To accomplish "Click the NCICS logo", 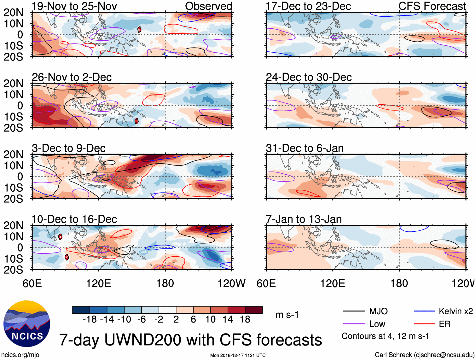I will (27, 323).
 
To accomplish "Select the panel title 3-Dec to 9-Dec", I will (69, 148).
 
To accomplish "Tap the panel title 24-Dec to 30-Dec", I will (309, 77).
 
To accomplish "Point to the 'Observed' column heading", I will (208, 6).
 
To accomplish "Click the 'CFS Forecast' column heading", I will (432, 6).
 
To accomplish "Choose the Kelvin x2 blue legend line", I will (424, 311).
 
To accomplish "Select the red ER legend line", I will (424, 324).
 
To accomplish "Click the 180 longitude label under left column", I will (165, 283).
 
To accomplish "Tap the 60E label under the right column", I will (266, 283).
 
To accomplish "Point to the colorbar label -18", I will (90, 320).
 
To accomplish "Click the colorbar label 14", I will (228, 320).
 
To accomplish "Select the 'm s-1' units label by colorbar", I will (287, 315).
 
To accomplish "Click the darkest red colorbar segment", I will (254, 310).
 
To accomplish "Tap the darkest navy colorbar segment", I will (81, 310).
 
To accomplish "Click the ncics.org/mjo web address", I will (20, 355).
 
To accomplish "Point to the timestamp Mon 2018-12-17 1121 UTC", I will (238, 355).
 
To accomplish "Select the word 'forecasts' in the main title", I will (289, 340).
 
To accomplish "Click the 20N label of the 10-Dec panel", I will (14, 225).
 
